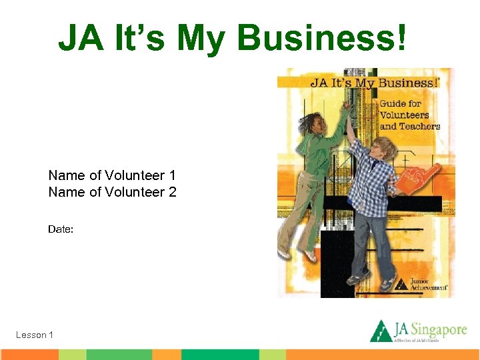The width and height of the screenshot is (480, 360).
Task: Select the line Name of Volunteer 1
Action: (112, 175)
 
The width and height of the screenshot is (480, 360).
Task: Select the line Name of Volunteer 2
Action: (112, 193)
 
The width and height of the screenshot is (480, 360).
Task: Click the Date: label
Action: (61, 229)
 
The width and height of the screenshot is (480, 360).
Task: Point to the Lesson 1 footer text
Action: (35, 335)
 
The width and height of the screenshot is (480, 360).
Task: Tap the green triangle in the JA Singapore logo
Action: (381, 331)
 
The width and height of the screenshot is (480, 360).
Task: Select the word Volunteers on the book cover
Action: (404, 115)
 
